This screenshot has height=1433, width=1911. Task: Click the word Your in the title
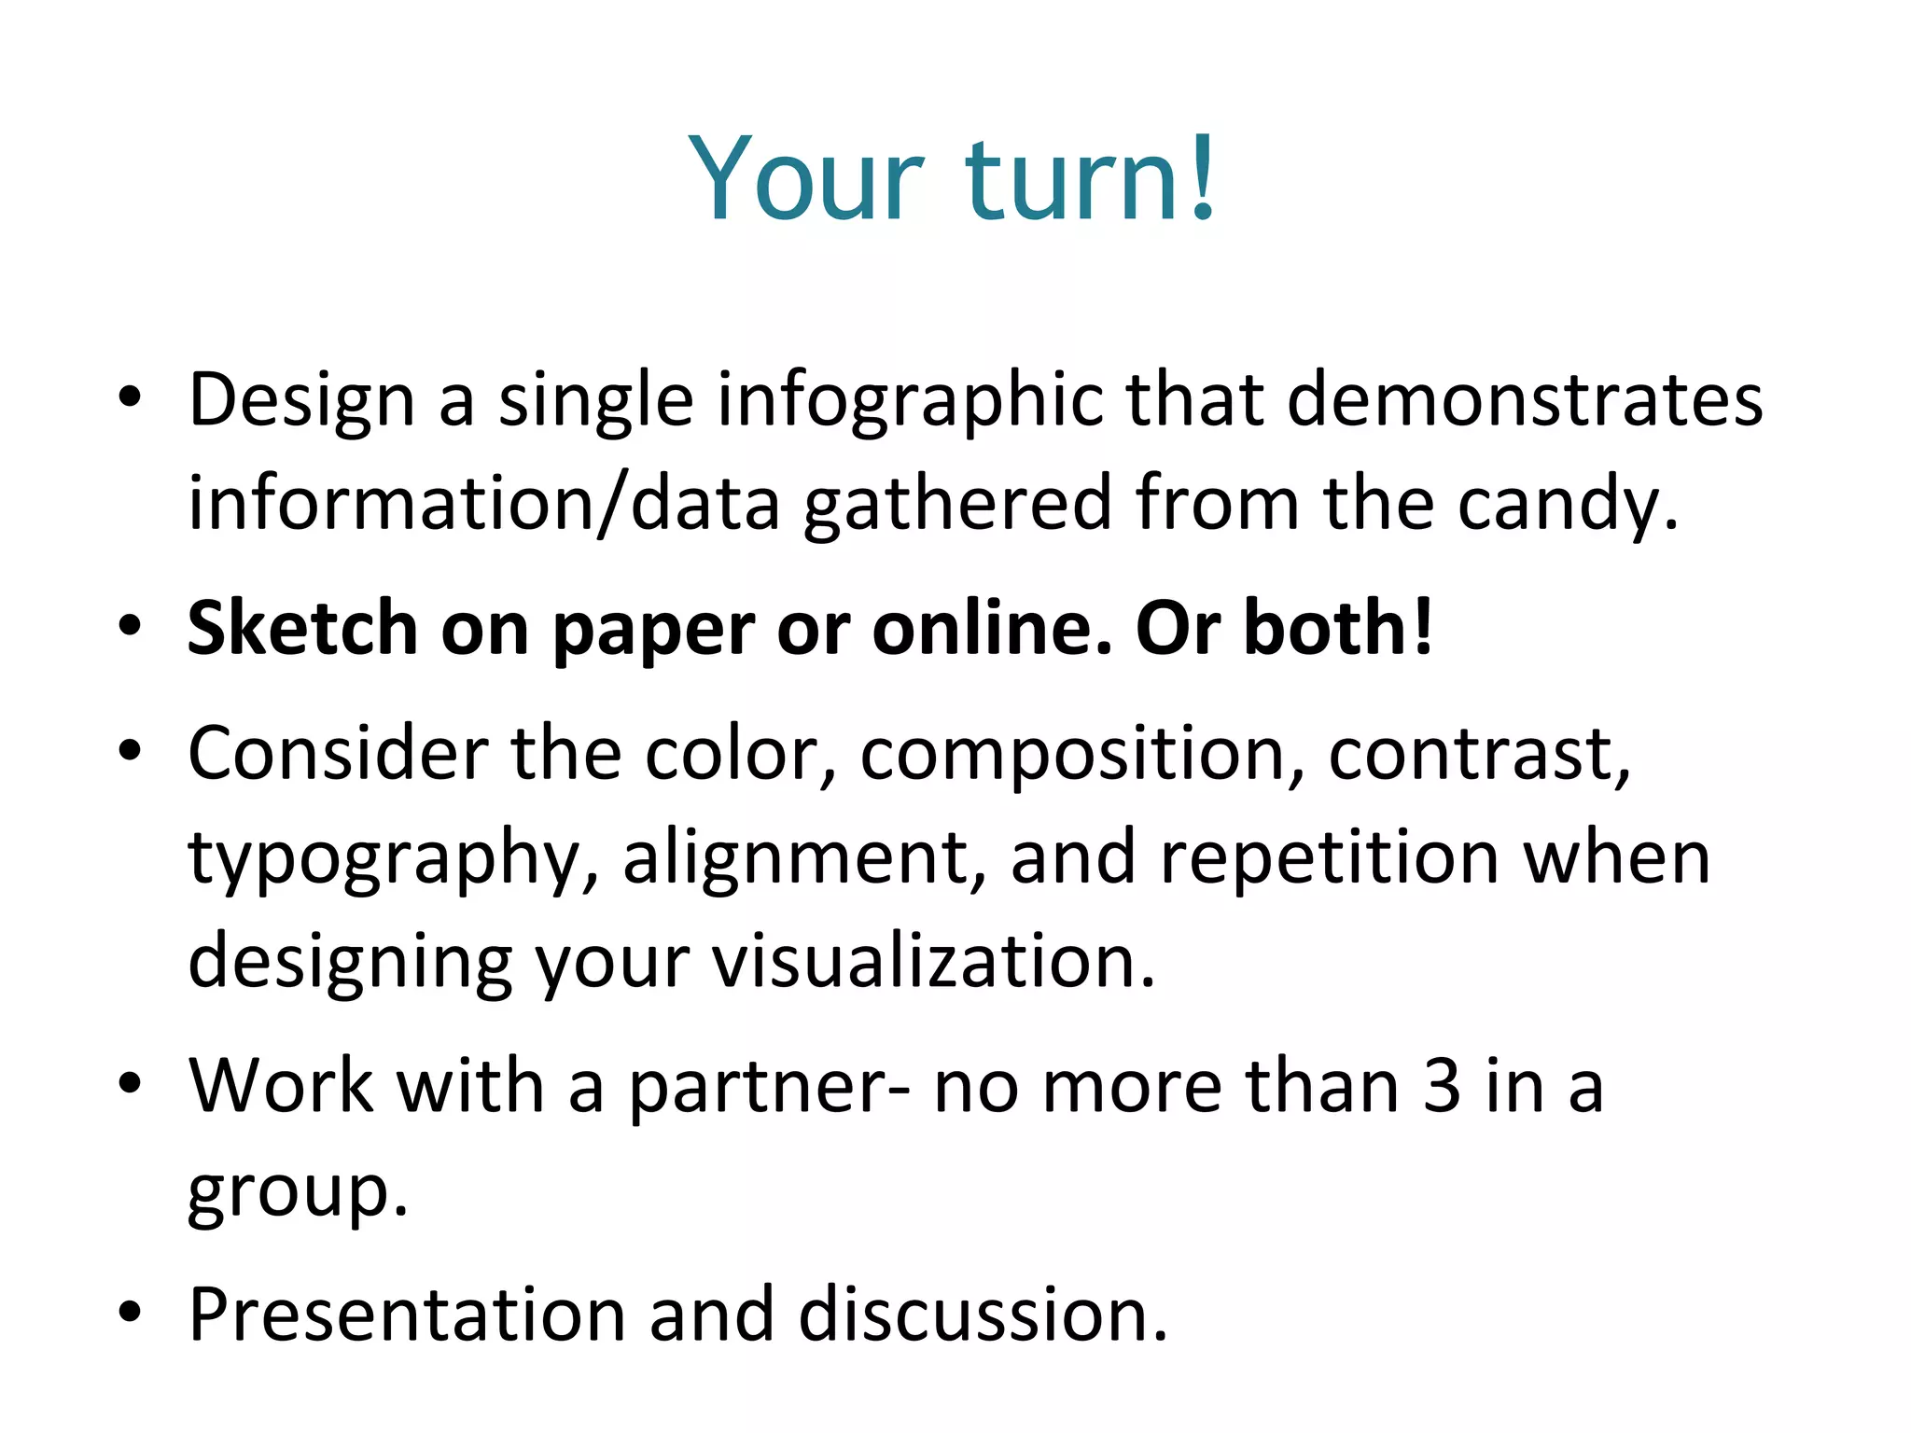pos(806,179)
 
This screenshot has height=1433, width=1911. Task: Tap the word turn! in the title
pos(1090,179)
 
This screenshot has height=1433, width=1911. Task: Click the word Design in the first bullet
pos(300,401)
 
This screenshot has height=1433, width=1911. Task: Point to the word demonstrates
pos(1526,401)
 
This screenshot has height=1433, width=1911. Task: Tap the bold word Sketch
pos(302,629)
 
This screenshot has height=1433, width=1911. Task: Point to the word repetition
pos(1330,860)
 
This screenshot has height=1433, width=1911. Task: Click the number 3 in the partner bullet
pos(1442,1087)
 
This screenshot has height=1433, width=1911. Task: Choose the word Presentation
pos(407,1315)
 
